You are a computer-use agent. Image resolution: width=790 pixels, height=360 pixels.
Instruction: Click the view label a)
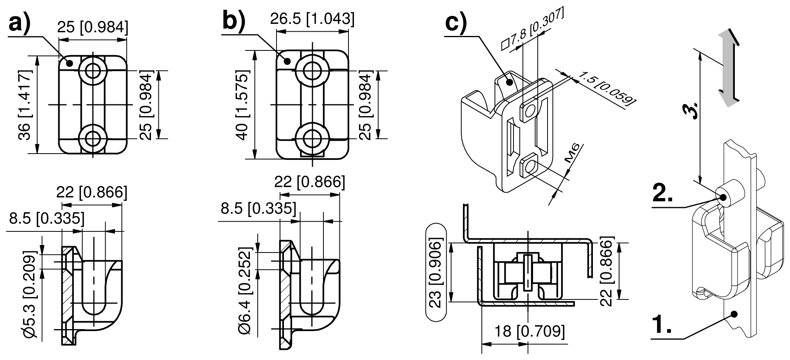[x=19, y=24]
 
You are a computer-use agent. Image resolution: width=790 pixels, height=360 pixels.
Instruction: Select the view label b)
[x=233, y=21]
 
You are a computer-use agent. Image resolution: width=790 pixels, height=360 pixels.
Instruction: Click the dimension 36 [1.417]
[x=25, y=105]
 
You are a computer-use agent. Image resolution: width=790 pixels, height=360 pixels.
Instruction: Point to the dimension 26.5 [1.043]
[x=312, y=19]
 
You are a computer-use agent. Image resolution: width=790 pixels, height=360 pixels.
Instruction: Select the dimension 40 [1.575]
[x=242, y=105]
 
